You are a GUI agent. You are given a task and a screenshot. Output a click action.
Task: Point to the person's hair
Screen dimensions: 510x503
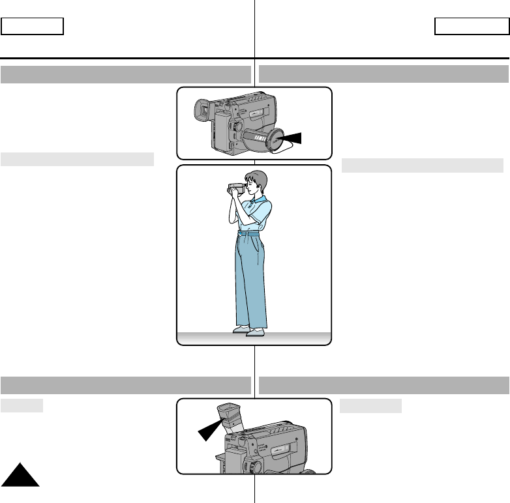[x=255, y=177]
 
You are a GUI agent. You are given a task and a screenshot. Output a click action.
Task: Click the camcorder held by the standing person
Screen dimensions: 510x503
[x=235, y=188]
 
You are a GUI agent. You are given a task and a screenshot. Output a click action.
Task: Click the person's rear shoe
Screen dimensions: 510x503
[x=239, y=329]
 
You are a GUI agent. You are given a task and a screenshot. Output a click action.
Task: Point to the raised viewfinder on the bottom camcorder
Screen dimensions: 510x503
[x=230, y=417]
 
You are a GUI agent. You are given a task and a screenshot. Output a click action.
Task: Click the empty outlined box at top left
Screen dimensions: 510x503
[x=33, y=26]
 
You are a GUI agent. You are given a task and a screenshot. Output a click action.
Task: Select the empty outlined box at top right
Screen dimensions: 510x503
[x=470, y=26]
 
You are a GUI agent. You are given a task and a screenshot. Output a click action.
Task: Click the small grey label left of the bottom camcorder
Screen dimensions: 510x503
[x=22, y=406]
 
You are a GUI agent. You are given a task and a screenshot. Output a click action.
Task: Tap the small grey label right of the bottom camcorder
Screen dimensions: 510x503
[x=370, y=406]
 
